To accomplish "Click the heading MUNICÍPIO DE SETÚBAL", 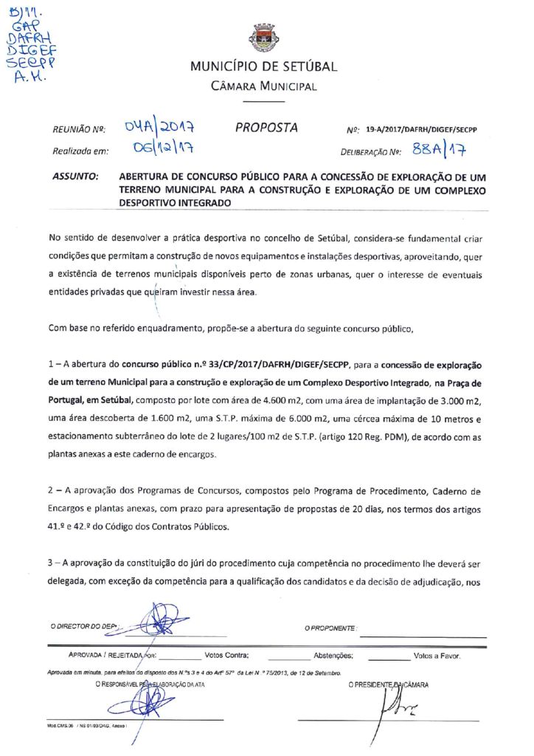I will (x=263, y=67).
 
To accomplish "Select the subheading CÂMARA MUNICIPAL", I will (x=263, y=87).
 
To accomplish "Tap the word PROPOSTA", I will (x=266, y=128).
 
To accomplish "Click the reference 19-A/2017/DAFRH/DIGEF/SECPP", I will (x=421, y=129).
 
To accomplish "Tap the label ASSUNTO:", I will (x=76, y=178).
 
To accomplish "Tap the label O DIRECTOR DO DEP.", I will (x=84, y=627).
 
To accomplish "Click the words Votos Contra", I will (x=226, y=655).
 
